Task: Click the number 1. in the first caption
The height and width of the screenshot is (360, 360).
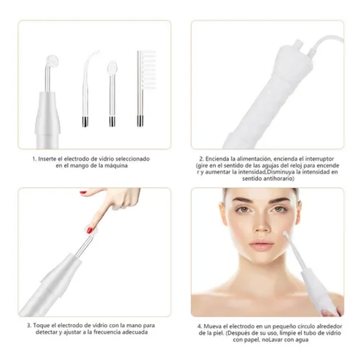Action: point(34,159)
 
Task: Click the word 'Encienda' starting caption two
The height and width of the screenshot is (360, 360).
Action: point(217,159)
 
